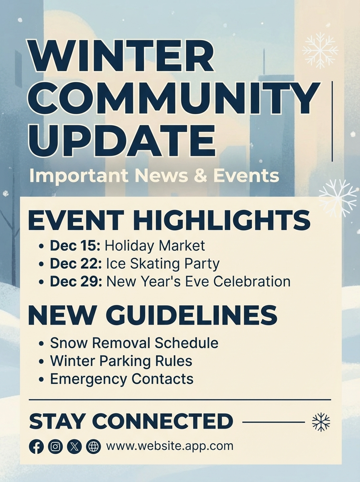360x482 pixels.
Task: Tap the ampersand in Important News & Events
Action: tap(201, 176)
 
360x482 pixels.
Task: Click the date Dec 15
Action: tap(75, 245)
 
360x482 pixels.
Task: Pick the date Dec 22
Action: tap(76, 263)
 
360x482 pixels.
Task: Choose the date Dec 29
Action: tap(76, 281)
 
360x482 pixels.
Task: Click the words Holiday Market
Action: tap(155, 246)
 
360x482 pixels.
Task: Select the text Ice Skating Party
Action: tap(163, 264)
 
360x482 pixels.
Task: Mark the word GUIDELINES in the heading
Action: tap(191, 315)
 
